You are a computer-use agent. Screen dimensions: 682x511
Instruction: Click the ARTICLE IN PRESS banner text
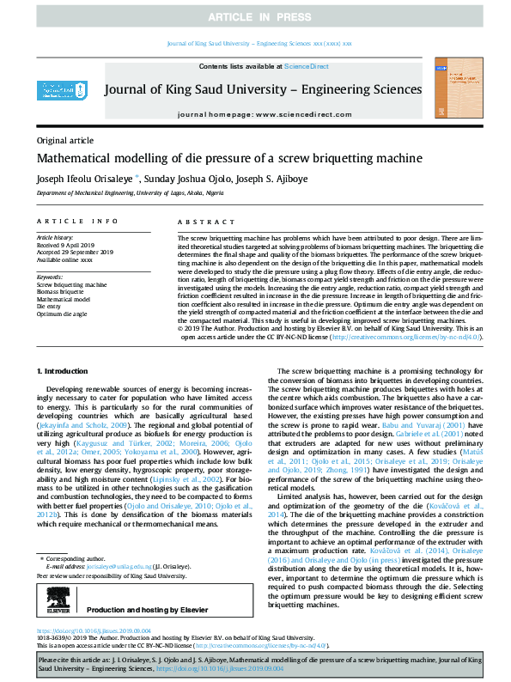coord(255,17)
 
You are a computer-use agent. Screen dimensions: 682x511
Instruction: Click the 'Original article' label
coord(65,140)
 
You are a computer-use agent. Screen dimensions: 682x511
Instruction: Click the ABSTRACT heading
coord(194,221)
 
